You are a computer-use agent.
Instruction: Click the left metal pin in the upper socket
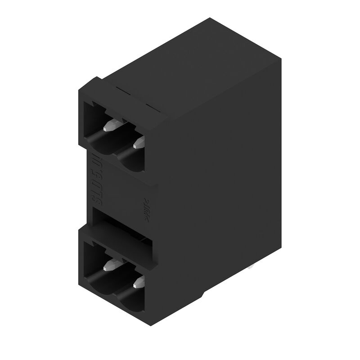point(110,126)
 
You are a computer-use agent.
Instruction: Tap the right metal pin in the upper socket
point(139,144)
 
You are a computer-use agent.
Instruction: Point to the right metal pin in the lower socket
point(139,282)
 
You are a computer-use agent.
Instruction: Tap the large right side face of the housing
point(225,180)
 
